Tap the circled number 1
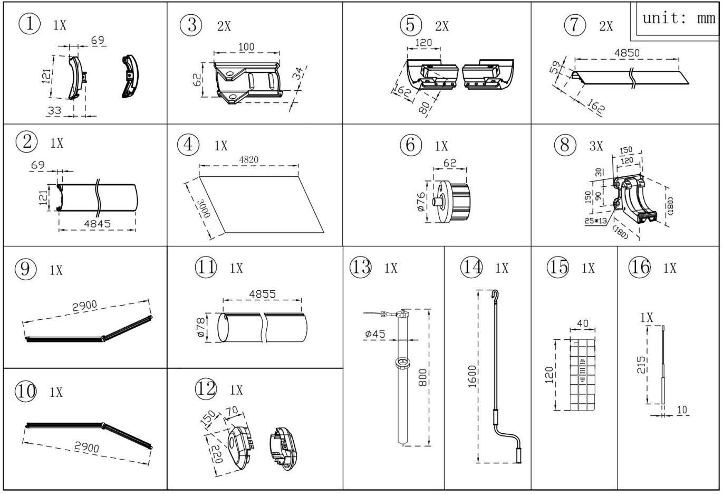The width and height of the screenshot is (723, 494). [30, 24]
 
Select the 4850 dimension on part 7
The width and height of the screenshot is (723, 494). [626, 53]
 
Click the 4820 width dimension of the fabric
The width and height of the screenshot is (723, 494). [248, 159]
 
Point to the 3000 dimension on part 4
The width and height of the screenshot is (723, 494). [204, 208]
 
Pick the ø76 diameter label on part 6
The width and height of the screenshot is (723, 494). [421, 202]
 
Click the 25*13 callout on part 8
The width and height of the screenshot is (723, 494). [595, 221]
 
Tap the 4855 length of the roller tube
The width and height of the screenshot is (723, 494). [262, 293]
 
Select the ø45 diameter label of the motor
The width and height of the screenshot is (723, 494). [375, 334]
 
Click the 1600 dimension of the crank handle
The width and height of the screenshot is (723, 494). [472, 376]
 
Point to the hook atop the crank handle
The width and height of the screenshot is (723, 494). [495, 296]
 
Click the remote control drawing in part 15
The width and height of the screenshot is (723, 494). [583, 375]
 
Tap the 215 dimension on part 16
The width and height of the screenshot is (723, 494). [641, 365]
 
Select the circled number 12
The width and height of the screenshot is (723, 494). [206, 388]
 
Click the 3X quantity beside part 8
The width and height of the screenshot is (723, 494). [596, 146]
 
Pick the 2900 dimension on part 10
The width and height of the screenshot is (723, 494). [86, 447]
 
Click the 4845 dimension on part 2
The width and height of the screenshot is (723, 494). [97, 224]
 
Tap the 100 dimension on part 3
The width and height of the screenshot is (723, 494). [246, 47]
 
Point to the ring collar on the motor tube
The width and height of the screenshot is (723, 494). [403, 362]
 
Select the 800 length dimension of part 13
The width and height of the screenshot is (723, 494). [422, 377]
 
